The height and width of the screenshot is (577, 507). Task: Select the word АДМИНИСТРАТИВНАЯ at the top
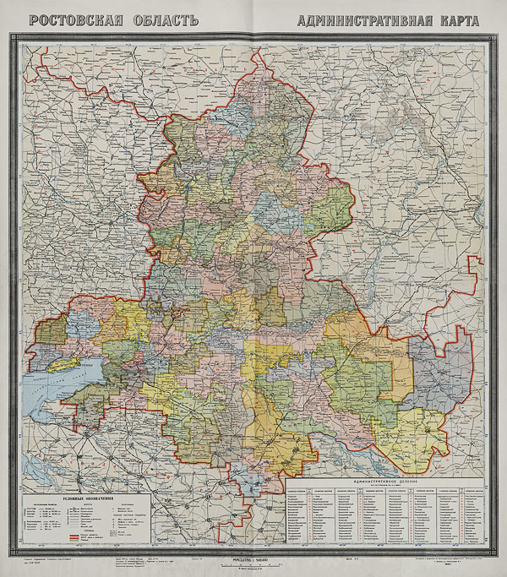363,19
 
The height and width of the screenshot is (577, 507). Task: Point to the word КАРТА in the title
458,19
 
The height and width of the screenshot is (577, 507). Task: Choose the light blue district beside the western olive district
80,325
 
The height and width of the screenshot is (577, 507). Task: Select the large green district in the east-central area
359,376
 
